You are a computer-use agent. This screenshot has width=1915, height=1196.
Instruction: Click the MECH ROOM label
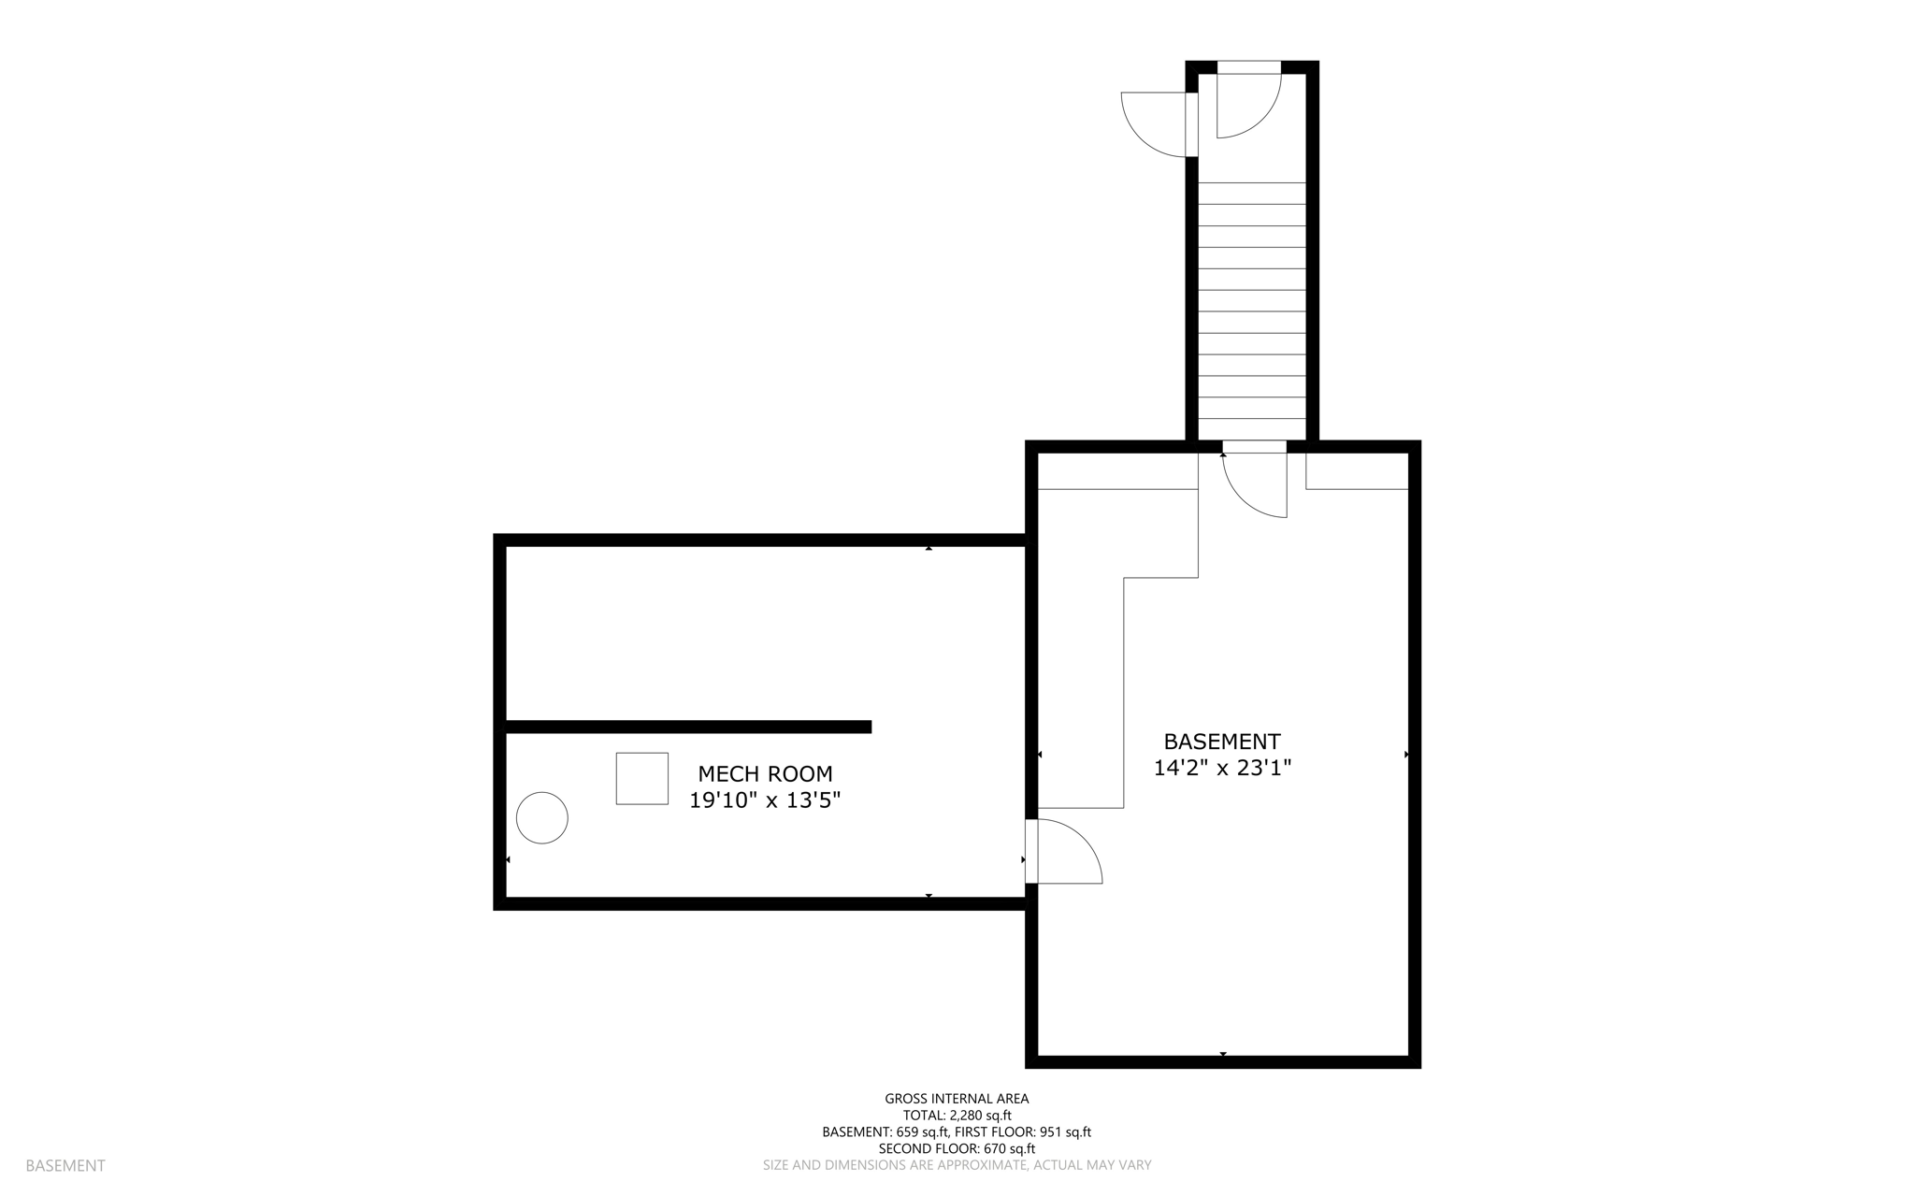coord(765,774)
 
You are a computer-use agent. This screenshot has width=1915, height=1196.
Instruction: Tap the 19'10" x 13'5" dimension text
coord(765,801)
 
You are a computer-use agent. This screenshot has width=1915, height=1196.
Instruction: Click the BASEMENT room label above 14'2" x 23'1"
coord(1221,742)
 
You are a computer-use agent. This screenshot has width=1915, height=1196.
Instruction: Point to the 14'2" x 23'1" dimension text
coord(1222,769)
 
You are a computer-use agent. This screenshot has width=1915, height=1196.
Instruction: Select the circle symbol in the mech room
coord(542,817)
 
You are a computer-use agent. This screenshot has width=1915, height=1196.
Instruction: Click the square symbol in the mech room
coord(641,778)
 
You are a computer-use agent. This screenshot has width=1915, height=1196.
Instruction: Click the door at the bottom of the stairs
coord(1255,482)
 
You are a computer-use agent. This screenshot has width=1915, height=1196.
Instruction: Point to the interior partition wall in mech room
coord(688,727)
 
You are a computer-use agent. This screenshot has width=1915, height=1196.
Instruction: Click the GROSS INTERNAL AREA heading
coord(957,1099)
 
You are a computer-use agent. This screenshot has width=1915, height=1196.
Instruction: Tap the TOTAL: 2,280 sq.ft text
coord(957,1116)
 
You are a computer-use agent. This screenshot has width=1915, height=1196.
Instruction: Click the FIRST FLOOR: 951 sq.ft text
coord(1023,1132)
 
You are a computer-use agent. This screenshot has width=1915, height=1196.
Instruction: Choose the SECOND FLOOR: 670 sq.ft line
coord(957,1148)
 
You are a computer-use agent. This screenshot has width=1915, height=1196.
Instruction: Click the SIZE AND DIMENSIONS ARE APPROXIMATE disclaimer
coord(957,1165)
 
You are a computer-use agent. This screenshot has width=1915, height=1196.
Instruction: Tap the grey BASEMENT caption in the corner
coord(65,1166)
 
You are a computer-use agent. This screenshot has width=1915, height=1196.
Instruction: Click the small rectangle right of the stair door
coord(1357,471)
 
